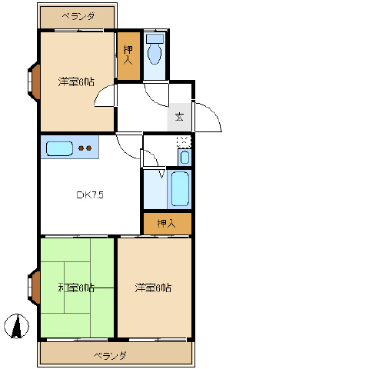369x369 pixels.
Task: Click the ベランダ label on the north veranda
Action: coord(78,16)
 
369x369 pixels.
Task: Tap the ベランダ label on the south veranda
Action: coord(110,355)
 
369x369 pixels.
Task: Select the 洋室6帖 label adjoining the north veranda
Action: coord(76,81)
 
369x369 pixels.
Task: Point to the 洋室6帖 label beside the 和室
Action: coord(153,288)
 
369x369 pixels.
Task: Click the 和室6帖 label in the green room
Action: coord(76,288)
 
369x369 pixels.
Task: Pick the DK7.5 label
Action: coord(90,194)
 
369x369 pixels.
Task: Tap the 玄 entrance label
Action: coord(179,117)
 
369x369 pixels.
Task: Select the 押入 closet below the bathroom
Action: coord(167,224)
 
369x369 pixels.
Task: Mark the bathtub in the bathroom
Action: coord(179,189)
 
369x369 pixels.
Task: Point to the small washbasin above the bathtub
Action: coord(184,158)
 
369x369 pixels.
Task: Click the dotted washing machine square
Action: coord(184,141)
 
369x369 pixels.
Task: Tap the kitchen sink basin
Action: coord(59,148)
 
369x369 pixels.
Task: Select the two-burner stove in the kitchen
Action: coord(85,148)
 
